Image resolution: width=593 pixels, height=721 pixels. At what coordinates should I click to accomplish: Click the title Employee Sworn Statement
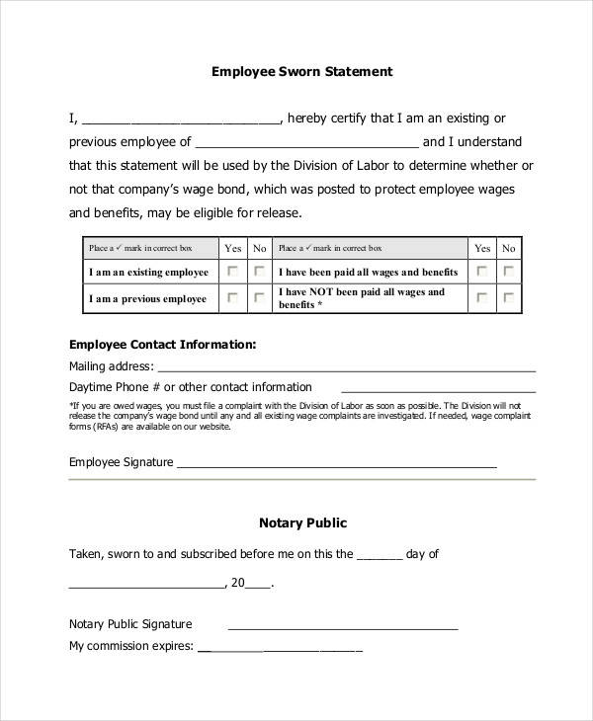pyautogui.click(x=302, y=72)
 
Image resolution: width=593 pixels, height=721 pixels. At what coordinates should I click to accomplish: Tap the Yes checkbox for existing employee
pyautogui.click(x=233, y=272)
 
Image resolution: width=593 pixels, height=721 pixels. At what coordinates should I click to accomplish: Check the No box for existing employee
pyautogui.click(x=259, y=272)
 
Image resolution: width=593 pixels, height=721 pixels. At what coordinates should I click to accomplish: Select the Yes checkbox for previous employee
pyautogui.click(x=233, y=297)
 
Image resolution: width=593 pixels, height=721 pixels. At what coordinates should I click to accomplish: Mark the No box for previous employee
pyautogui.click(x=259, y=297)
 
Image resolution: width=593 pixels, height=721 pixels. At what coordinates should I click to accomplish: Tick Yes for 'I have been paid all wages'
pyautogui.click(x=482, y=272)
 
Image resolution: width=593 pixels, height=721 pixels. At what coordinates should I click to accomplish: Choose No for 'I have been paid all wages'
pyautogui.click(x=508, y=272)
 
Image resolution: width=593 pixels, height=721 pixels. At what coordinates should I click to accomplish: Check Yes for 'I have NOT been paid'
pyautogui.click(x=482, y=297)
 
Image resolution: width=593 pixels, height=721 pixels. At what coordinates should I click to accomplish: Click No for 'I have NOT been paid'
pyautogui.click(x=508, y=297)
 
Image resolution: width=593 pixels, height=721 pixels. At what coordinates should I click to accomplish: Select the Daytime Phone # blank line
pyautogui.click(x=426, y=389)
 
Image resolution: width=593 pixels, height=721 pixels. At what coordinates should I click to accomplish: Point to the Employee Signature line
pyautogui.click(x=336, y=464)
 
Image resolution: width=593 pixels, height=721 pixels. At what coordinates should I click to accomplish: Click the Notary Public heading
pyautogui.click(x=302, y=523)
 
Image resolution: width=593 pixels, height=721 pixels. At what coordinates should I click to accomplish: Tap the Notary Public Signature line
pyautogui.click(x=343, y=626)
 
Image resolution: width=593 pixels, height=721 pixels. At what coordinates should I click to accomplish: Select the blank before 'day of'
pyautogui.click(x=380, y=557)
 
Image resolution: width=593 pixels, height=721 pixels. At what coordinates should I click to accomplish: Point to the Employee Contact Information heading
pyautogui.click(x=163, y=345)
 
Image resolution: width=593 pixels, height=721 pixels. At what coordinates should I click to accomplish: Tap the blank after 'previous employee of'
pyautogui.click(x=306, y=144)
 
